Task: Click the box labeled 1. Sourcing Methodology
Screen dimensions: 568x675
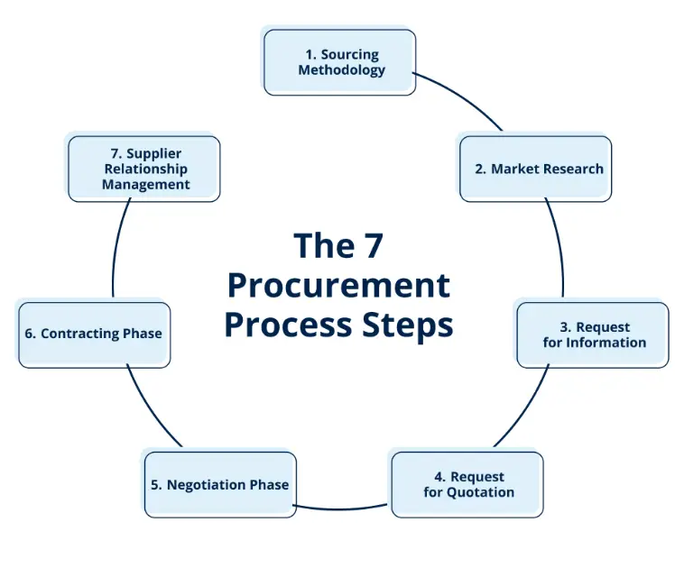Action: [x=339, y=61]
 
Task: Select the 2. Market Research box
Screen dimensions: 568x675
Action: [x=535, y=169]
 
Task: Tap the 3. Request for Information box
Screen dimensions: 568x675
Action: [x=593, y=334]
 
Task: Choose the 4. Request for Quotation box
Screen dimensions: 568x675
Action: [x=467, y=484]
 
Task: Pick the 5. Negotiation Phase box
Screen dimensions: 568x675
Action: [x=219, y=484]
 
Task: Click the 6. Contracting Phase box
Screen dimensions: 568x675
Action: [x=94, y=334]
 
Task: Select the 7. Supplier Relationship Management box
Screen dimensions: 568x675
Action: [x=144, y=169]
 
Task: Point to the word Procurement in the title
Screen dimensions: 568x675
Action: [x=338, y=285]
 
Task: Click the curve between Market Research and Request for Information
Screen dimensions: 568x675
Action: [x=559, y=248]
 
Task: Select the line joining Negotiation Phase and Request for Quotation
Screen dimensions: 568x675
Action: [x=343, y=508]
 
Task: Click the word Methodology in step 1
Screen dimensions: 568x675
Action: [x=342, y=69]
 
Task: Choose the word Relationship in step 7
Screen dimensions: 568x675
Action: [x=145, y=169]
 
